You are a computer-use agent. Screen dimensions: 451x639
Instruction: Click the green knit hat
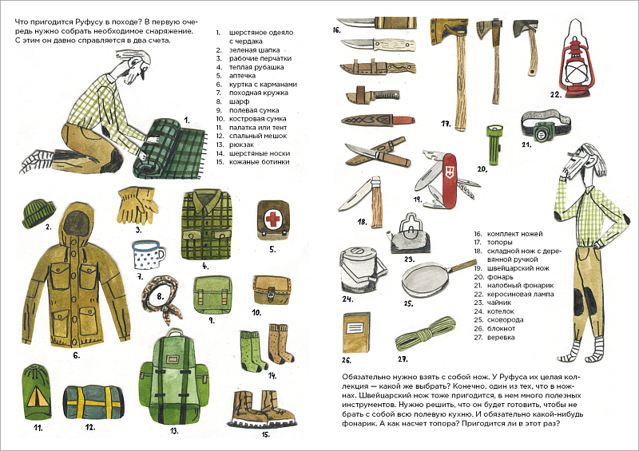(38, 213)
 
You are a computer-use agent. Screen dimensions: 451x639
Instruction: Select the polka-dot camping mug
(149, 259)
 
